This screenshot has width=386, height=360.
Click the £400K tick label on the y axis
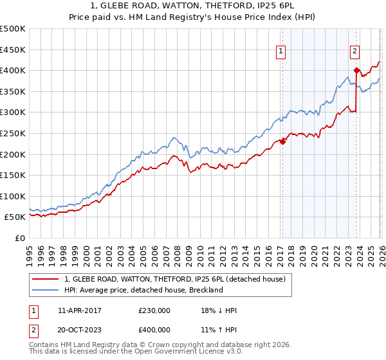point(13,70)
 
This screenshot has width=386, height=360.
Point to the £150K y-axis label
point(13,175)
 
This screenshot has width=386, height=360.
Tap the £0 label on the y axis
point(20,238)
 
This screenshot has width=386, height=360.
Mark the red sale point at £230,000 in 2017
point(282,142)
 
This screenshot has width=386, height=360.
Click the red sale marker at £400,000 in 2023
point(356,71)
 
